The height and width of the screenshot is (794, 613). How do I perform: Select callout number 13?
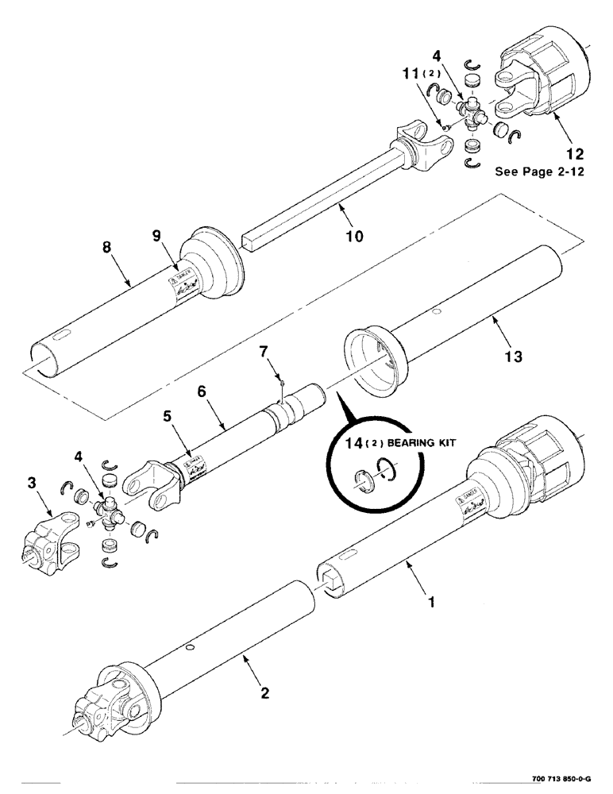[514, 357]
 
